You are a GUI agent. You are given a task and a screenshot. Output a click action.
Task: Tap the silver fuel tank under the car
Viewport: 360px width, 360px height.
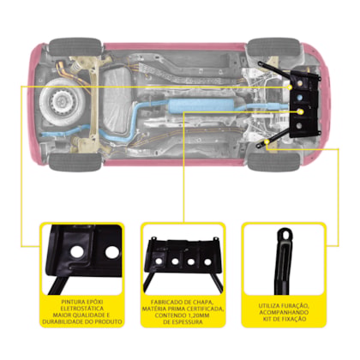coord(117,100)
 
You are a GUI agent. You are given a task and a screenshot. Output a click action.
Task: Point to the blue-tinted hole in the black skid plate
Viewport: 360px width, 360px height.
coord(300,98)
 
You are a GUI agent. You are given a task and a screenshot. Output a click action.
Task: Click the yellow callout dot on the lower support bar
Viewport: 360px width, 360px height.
coord(267,141)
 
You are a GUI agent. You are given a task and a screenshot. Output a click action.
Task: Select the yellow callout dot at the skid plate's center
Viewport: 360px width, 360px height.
coord(300,111)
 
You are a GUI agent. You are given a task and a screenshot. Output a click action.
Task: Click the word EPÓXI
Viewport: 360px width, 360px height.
coord(93,302)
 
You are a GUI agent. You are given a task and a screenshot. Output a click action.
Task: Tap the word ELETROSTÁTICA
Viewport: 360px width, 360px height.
coord(82,309)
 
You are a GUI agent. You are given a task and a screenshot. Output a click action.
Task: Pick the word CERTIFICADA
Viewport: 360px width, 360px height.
coord(205,309)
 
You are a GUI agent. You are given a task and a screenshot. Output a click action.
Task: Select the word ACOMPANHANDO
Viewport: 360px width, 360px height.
coord(284,312)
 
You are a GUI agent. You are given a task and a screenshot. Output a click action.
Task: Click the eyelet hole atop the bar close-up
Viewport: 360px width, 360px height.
coord(285,235)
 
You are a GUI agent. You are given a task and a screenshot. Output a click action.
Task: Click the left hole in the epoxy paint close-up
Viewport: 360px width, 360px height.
coord(77,251)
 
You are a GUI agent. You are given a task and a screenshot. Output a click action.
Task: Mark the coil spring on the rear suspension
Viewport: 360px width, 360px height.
coord(75,68)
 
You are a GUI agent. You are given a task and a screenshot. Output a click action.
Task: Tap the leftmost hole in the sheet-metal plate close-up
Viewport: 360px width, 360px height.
coord(158,261)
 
